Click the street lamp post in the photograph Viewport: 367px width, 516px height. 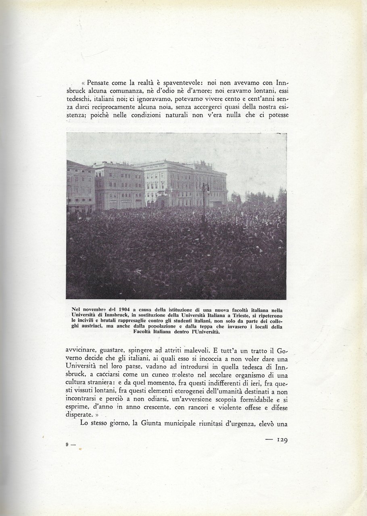(204, 202)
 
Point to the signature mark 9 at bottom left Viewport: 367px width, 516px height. (67, 445)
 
